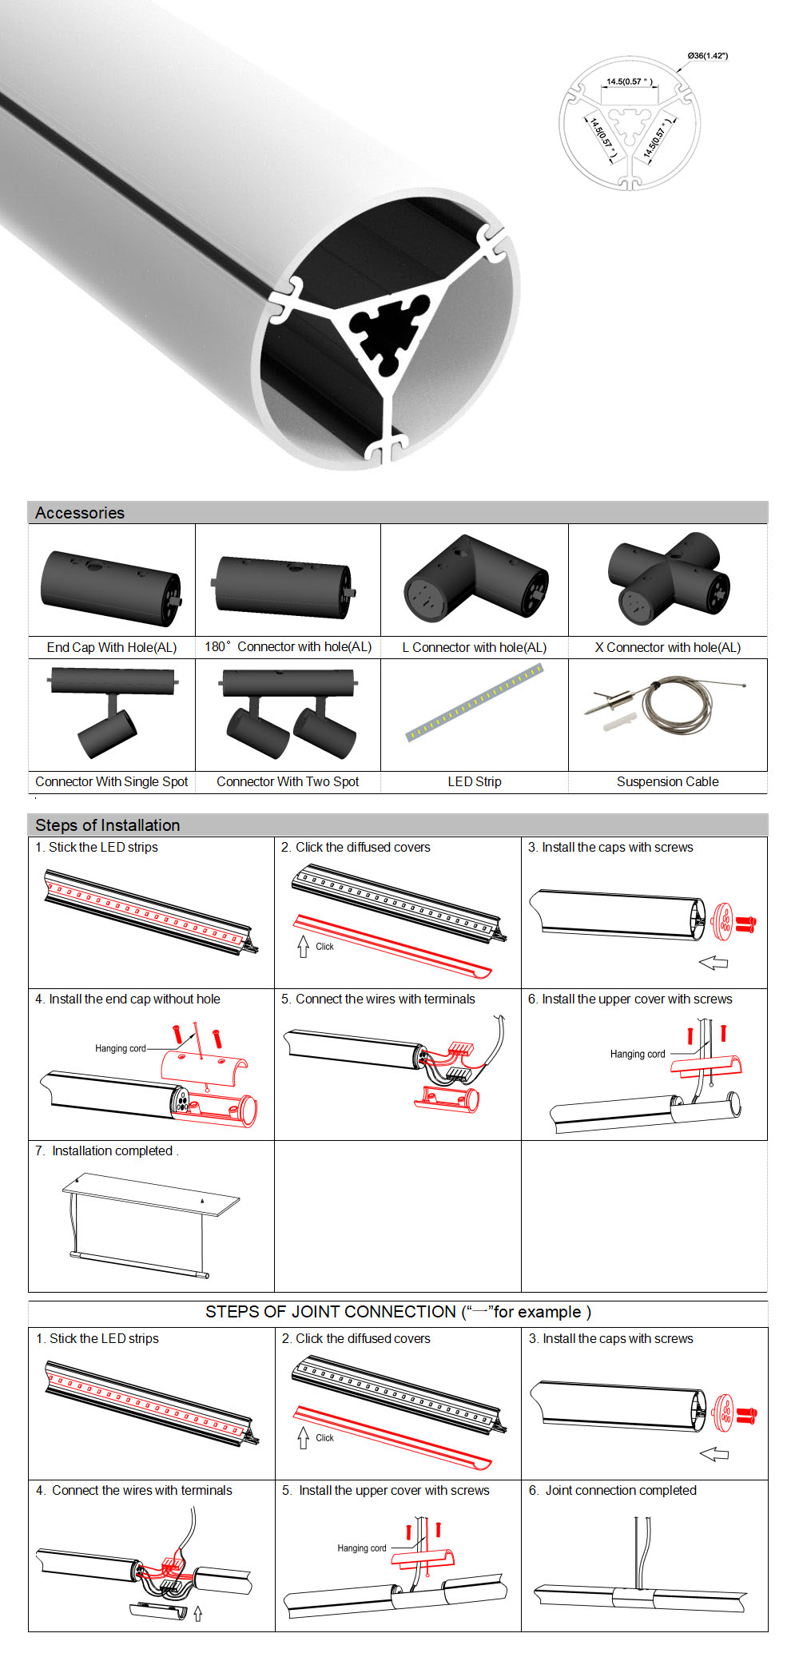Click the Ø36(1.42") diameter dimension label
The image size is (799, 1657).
[707, 56]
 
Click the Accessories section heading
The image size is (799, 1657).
[80, 513]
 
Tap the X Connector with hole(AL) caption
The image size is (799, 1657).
[668, 647]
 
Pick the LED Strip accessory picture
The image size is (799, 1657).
[475, 702]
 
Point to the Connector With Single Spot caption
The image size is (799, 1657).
[112, 781]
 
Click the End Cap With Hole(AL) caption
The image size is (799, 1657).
[112, 647]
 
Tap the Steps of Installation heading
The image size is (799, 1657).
[108, 825]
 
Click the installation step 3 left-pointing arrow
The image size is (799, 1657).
[713, 963]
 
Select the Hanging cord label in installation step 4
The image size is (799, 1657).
[121, 1048]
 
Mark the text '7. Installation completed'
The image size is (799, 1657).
[106, 1150]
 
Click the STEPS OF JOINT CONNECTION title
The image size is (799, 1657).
[398, 1312]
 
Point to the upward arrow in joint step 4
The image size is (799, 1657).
[197, 1614]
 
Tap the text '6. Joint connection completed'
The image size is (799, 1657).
[613, 1490]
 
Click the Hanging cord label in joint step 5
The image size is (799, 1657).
[362, 1548]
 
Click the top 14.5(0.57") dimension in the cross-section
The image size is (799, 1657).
[630, 81]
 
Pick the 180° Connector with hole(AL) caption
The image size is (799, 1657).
[288, 647]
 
